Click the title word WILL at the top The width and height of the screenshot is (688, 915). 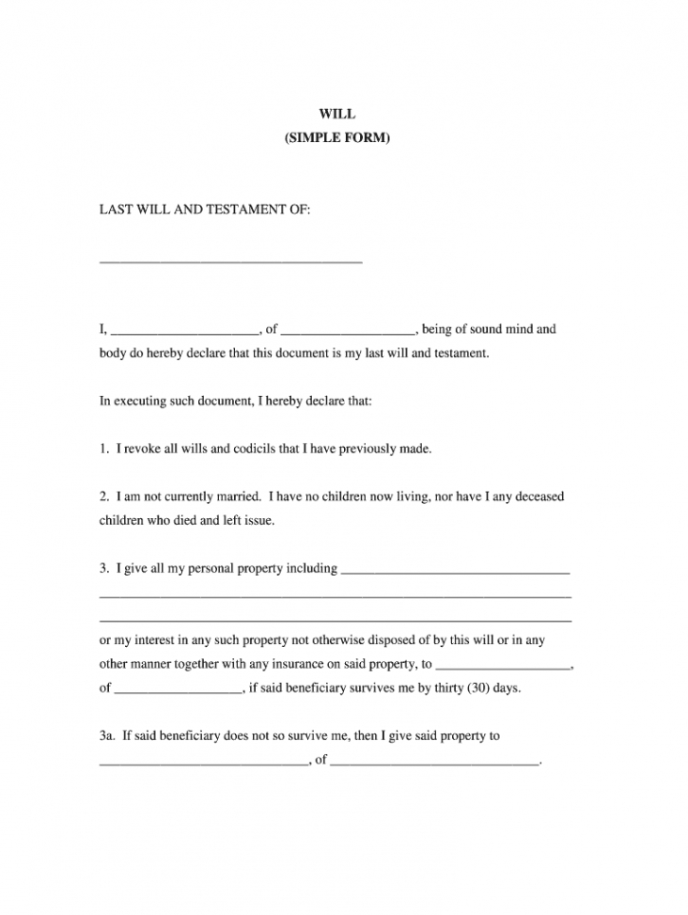pos(336,114)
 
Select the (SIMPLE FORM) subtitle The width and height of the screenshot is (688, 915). pos(336,138)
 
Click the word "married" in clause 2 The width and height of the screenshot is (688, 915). pos(232,496)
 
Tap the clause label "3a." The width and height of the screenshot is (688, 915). pos(108,736)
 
